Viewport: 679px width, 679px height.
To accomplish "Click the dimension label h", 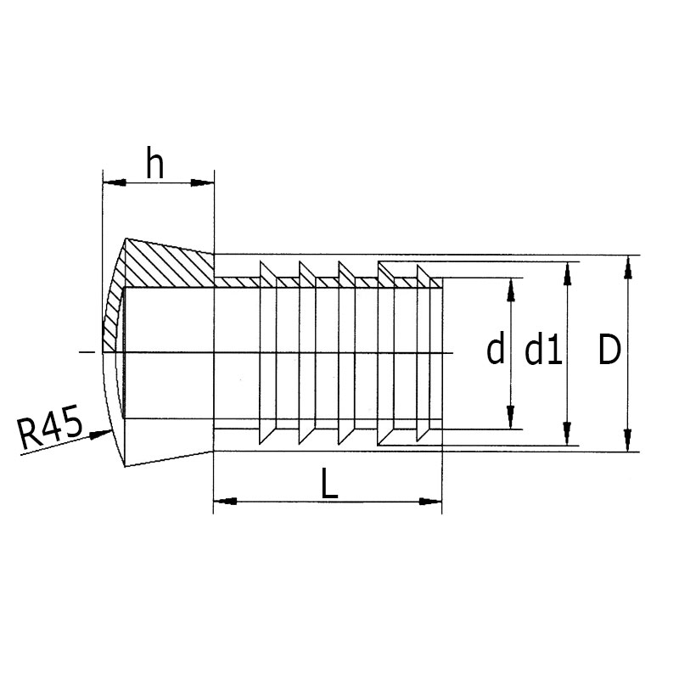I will (155, 163).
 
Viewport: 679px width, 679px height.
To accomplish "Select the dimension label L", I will (329, 485).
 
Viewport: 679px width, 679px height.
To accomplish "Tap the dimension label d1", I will (543, 351).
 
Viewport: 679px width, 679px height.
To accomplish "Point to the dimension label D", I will (609, 351).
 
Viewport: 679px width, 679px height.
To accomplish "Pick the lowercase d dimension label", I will (496, 351).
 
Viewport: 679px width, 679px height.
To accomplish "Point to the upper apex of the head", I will (126, 238).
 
